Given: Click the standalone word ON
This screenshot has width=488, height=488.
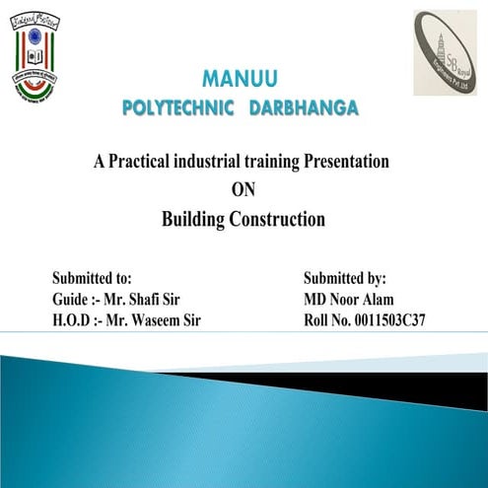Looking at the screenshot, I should (243, 190).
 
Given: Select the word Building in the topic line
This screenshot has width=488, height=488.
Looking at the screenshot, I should (195, 220).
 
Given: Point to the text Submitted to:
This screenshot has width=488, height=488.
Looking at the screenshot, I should (92, 279).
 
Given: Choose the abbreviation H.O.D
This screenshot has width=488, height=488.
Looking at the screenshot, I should (74, 320).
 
